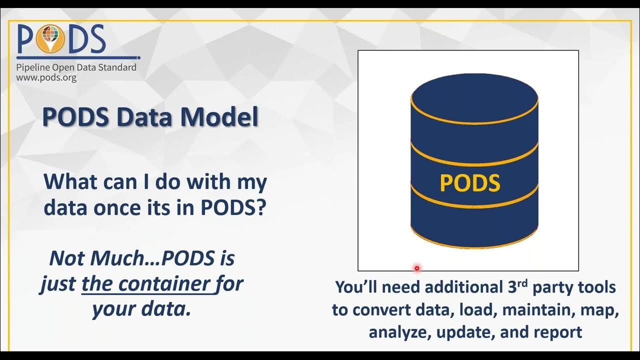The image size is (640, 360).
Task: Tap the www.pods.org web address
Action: coord(46,78)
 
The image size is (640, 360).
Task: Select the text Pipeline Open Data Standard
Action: coord(76,67)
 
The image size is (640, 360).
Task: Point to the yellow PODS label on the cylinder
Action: coord(469,183)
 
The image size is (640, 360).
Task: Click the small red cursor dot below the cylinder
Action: coord(416,268)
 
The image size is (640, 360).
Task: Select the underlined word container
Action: coord(166,284)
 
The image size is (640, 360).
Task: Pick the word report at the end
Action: coord(558,332)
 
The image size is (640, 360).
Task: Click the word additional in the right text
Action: coord(449,287)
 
